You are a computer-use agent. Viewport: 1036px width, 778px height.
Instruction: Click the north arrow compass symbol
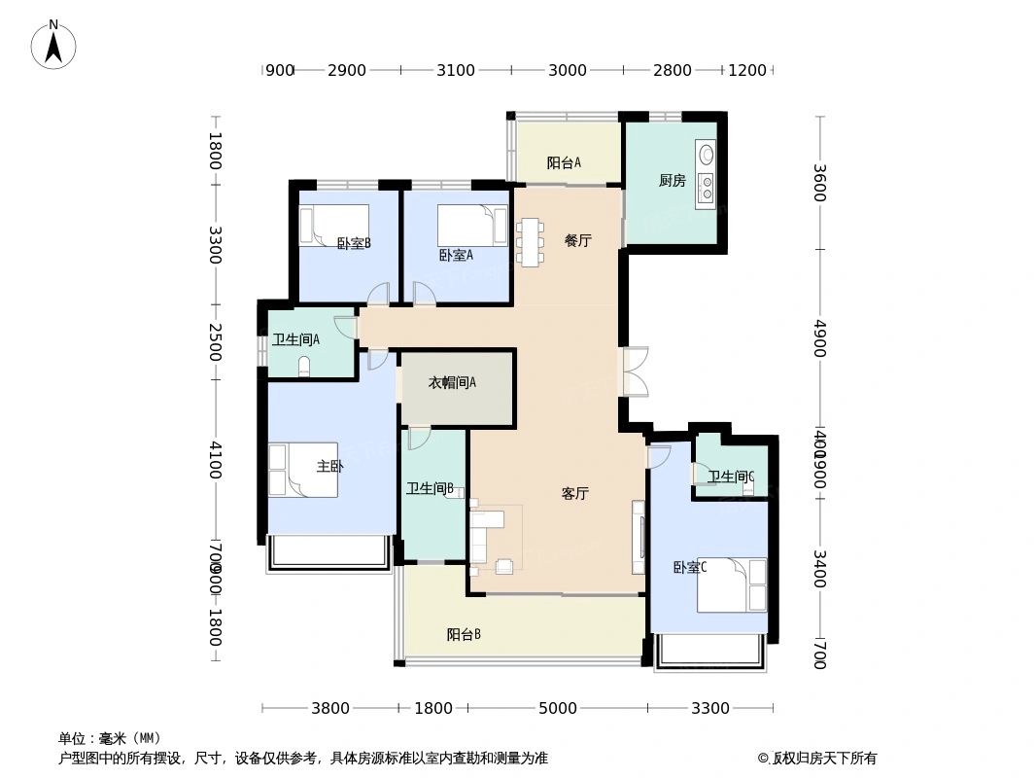[53, 45]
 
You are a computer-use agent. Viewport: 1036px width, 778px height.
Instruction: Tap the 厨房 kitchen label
[672, 181]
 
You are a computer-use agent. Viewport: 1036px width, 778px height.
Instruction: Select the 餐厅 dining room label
[577, 240]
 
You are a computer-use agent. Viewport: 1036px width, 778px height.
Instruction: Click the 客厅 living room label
[575, 493]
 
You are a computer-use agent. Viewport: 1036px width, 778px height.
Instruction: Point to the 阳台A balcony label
[564, 162]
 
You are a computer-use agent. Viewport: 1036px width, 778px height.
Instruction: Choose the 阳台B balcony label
[464, 634]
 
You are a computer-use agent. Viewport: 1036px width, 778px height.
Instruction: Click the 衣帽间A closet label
[452, 382]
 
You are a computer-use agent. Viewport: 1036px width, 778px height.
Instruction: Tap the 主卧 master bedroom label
[329, 466]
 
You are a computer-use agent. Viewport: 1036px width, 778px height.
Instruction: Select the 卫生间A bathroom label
[295, 339]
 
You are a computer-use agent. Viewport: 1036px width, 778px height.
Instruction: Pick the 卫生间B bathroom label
[430, 488]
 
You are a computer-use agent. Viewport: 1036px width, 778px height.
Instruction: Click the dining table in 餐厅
[530, 242]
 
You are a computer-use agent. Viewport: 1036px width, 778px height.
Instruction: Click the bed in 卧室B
[333, 225]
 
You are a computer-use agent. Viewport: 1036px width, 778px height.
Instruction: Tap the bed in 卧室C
[732, 584]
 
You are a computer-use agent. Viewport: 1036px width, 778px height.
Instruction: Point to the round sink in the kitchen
[707, 155]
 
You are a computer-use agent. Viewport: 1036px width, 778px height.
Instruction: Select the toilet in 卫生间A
[304, 366]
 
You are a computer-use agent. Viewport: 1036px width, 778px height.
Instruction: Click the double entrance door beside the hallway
[635, 371]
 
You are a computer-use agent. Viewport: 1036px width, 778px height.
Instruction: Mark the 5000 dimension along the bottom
[558, 708]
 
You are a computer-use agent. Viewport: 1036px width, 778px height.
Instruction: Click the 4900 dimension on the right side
[818, 337]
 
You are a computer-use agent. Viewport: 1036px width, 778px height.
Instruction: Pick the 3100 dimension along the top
[455, 70]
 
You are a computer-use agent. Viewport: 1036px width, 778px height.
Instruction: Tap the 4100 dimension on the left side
[215, 459]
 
